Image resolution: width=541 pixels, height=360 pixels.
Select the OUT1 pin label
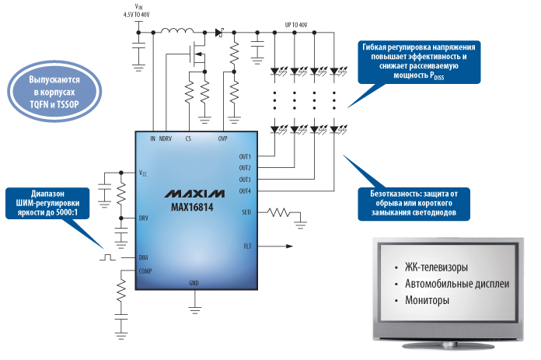tap(245, 156)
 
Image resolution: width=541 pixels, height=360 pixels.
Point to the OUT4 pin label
tap(245, 190)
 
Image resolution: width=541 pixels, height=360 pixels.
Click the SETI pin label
tap(246, 211)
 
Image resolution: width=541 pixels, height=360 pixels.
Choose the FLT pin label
tap(246, 247)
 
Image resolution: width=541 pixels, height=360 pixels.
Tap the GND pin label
tap(194, 281)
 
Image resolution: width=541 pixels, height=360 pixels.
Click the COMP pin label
tap(145, 271)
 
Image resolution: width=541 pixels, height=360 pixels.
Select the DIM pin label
tap(143, 257)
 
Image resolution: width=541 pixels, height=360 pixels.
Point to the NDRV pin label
tap(166, 138)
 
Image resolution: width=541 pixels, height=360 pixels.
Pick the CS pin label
tap(188, 138)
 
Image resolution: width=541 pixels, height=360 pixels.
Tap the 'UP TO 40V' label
tap(298, 25)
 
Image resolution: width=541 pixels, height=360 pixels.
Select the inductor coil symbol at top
tap(180, 33)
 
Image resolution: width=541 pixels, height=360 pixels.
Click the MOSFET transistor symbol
tap(194, 54)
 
